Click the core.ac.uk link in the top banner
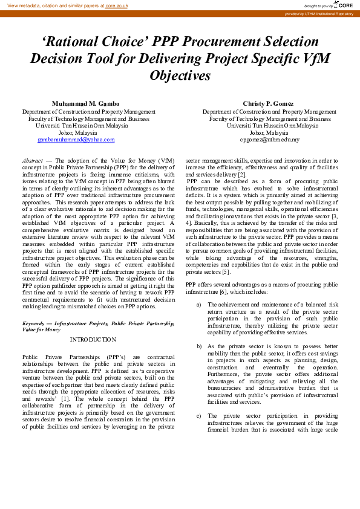116,5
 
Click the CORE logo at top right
343,5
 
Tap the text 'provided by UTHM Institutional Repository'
319,13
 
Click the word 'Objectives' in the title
180,76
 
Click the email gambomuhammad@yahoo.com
76,140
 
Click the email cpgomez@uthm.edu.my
269,140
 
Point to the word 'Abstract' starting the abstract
32,161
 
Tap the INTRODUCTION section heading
93,340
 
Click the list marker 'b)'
198,346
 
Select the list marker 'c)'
198,416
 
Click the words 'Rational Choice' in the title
89,42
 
